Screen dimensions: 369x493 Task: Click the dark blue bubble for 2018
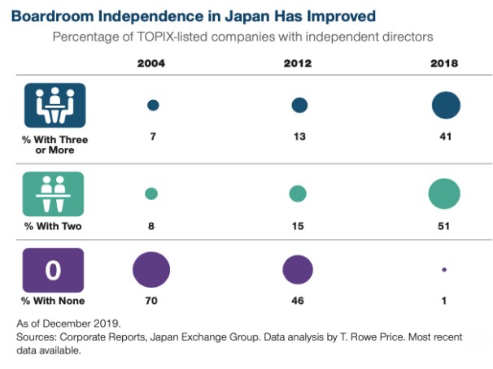pos(445,106)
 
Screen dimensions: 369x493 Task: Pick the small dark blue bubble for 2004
pos(152,106)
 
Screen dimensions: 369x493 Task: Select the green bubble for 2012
pos(298,193)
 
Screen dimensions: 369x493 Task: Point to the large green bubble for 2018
pos(444,193)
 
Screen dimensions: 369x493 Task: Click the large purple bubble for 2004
pos(151,269)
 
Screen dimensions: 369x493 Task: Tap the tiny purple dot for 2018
pos(444,270)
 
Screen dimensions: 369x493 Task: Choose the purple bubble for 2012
pos(298,269)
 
